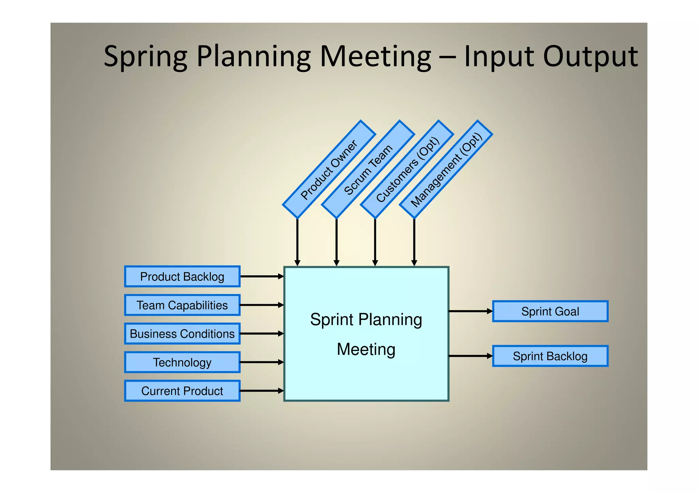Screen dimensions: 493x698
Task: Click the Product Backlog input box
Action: [x=182, y=277]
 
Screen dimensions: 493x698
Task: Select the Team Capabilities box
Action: [x=182, y=305]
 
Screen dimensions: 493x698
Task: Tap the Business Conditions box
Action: [x=182, y=334]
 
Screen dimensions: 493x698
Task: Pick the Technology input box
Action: [x=182, y=363]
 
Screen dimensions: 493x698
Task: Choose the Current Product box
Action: [x=182, y=391]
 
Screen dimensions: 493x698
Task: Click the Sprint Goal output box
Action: [x=550, y=311]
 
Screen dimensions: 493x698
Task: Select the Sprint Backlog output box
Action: [x=550, y=356]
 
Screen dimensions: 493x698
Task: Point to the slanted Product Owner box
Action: [x=329, y=169]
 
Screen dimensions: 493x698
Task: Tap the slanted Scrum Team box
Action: [x=368, y=169]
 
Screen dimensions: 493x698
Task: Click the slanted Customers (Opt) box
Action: [x=407, y=169]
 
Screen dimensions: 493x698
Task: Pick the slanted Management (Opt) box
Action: [x=446, y=169]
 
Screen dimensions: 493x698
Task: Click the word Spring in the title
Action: [x=146, y=57]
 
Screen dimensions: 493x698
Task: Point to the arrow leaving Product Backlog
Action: [x=262, y=277]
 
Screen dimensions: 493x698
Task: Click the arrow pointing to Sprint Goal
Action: [x=470, y=311]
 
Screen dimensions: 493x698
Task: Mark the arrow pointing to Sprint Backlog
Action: [x=470, y=356]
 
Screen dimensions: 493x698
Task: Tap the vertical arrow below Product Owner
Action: [x=298, y=242]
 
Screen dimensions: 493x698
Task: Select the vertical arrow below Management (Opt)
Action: [x=414, y=242]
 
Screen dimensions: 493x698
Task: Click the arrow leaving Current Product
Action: [x=262, y=391]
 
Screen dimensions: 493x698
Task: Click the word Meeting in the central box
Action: [x=366, y=350]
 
